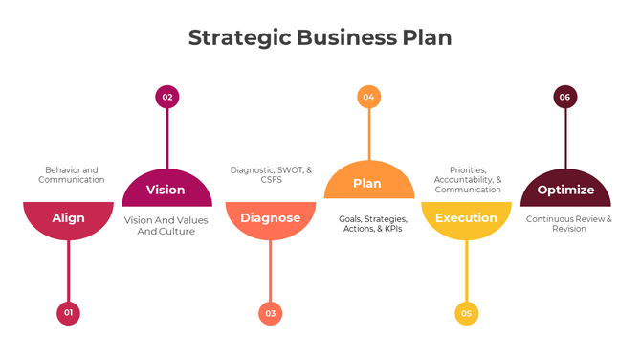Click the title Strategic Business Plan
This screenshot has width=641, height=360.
tap(320, 37)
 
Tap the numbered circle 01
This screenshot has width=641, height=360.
tap(68, 313)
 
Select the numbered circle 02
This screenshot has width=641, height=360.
tap(167, 97)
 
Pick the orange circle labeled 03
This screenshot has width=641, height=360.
tap(271, 313)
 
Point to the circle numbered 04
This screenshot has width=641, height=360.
tap(368, 97)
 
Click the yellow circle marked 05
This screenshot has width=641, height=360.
tap(466, 313)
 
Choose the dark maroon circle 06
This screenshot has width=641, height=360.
tap(565, 97)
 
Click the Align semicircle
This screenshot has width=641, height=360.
tap(68, 218)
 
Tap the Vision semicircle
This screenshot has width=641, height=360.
tap(166, 190)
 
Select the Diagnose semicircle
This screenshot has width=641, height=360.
tap(271, 218)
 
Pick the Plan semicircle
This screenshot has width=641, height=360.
tap(368, 184)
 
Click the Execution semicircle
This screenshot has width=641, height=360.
tap(466, 218)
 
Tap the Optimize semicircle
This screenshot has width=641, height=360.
tap(565, 190)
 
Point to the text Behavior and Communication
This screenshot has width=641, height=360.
tap(71, 174)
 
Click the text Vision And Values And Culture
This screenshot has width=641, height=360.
tap(166, 225)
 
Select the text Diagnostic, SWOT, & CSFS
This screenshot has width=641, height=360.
tap(271, 174)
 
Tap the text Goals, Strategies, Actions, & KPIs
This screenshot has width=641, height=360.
tap(372, 224)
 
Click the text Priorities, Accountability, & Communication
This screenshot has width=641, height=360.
tap(468, 179)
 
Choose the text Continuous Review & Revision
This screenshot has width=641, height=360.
tap(568, 224)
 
